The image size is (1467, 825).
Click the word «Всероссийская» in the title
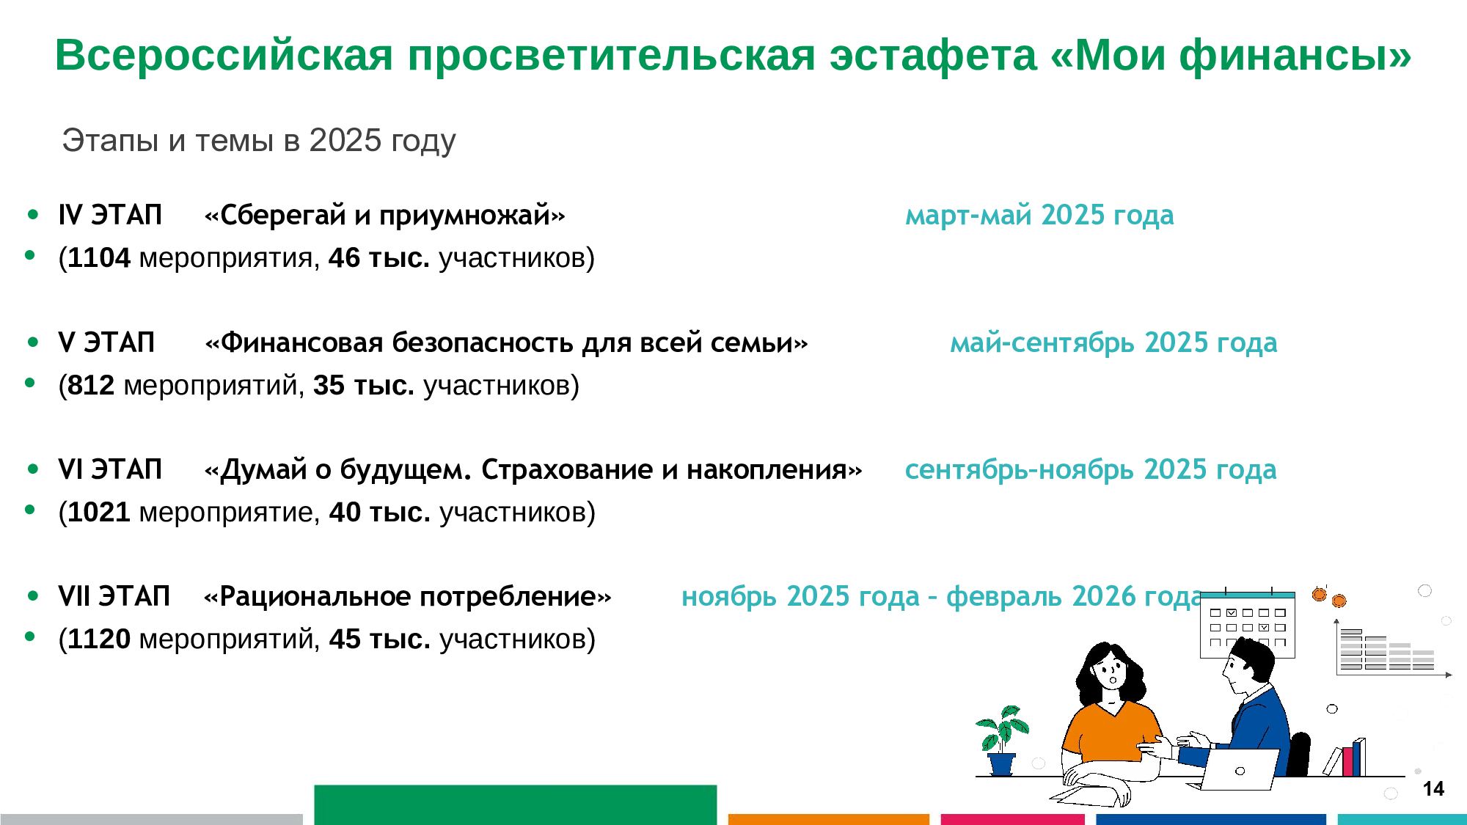224,55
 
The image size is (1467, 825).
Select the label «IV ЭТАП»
110,215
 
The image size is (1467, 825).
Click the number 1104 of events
99,258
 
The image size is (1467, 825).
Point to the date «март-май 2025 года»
1039,216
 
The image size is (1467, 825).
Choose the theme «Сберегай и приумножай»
385,216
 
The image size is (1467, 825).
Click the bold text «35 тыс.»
364,385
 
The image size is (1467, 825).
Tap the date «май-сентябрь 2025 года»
1113,343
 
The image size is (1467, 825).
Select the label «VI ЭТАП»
110,469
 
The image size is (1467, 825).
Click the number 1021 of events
99,513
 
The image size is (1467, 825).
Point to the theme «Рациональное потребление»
408,597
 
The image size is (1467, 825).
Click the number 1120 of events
99,639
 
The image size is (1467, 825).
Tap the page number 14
1433,789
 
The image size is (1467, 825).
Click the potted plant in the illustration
1002,740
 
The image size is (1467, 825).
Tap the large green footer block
516,804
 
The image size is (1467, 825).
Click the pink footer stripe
1012,819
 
